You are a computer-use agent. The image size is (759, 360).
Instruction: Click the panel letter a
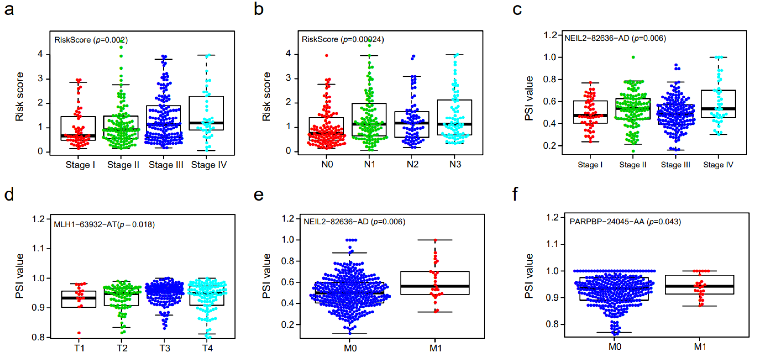9,10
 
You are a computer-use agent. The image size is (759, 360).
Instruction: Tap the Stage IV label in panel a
209,165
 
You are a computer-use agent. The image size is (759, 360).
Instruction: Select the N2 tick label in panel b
413,164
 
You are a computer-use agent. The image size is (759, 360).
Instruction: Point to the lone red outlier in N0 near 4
326,55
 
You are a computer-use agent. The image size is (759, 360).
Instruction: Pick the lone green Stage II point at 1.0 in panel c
633,57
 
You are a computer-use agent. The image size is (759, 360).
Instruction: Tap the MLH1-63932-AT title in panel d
104,224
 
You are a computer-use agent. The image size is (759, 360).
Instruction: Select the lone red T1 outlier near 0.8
79,333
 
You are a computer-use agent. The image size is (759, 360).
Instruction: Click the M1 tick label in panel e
435,348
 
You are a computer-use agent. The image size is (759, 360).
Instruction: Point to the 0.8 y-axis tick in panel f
552,324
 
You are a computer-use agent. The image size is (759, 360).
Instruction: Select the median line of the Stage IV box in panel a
206,123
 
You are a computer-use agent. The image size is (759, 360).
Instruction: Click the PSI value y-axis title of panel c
529,98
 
